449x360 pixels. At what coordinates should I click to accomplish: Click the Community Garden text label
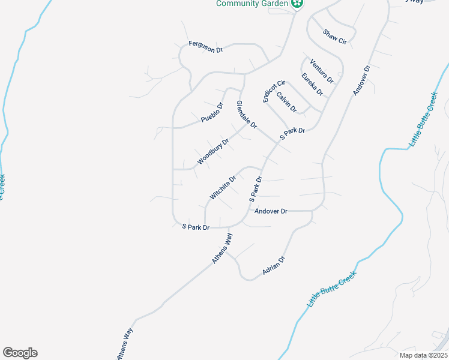253,4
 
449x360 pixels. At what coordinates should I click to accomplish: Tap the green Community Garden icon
297,4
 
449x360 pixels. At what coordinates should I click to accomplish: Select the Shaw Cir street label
335,37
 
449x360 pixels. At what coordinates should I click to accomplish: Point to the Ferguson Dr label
205,47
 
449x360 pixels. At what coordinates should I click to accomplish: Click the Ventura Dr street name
321,71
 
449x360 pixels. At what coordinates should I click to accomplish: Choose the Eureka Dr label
312,84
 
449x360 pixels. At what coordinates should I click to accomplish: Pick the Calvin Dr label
286,101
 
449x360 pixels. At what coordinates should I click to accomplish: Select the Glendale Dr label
247,115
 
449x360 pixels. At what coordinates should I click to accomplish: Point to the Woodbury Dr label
213,152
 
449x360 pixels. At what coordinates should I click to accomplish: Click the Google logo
20,353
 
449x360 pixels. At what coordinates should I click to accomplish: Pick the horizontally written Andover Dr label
271,211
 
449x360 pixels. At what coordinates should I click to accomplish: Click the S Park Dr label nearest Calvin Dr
292,134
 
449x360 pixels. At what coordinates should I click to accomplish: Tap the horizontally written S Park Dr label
196,227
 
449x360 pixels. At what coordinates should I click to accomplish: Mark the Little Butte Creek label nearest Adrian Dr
332,289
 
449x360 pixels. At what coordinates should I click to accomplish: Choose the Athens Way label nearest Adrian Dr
221,248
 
